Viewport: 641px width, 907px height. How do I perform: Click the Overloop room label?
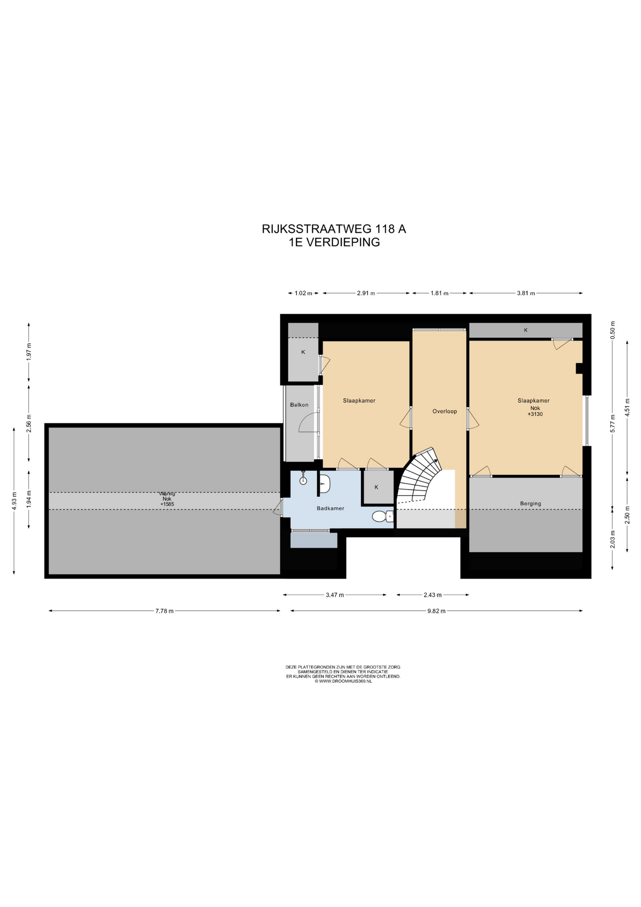445,411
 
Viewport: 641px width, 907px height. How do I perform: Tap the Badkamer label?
330,508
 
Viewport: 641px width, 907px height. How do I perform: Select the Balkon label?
299,405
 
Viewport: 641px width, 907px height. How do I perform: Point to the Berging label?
531,504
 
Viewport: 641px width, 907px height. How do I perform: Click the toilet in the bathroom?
382,516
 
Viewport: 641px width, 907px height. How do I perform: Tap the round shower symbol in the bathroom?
303,480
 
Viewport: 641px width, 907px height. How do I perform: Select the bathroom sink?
325,483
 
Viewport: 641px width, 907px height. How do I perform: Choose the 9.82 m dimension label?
436,611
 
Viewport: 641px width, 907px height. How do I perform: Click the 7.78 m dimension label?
164,611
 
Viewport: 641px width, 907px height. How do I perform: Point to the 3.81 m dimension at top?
526,293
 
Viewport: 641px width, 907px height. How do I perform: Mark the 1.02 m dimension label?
304,293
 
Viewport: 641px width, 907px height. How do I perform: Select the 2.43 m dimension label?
432,595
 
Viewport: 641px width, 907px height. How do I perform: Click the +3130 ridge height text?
535,414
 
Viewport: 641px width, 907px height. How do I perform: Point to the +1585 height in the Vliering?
167,505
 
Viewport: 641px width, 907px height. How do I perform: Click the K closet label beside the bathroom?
376,487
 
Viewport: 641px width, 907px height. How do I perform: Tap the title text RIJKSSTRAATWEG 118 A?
334,229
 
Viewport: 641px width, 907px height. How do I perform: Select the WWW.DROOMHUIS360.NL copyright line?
343,681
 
